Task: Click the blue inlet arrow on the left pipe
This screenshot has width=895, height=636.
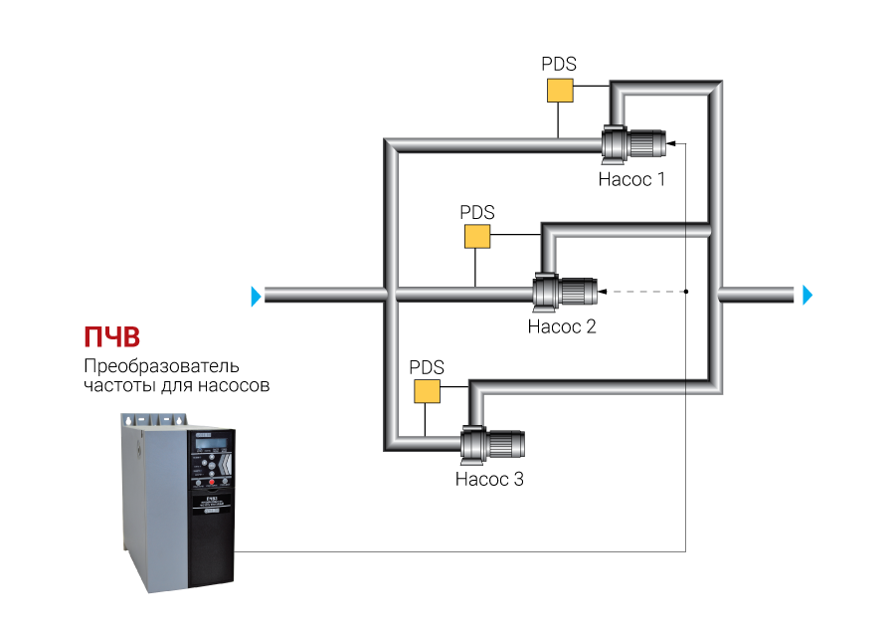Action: (258, 295)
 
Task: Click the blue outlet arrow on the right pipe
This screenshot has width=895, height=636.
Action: (807, 295)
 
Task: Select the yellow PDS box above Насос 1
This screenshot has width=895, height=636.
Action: (560, 90)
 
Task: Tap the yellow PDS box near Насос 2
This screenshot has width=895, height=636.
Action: (478, 236)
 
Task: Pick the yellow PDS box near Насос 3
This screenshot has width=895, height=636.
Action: (428, 390)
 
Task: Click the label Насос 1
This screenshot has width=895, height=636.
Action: (630, 180)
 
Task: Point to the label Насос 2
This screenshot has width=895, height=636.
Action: (561, 326)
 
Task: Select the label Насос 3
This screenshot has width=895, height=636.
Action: (488, 479)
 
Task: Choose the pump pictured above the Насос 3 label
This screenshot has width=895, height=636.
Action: (491, 445)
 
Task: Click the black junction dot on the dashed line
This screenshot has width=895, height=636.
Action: (686, 292)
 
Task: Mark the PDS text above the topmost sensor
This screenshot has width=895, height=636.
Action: (559, 64)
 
